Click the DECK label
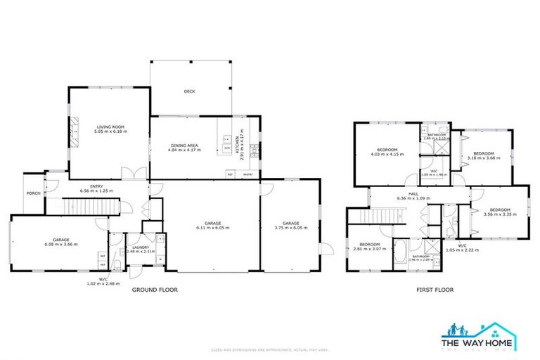[x=188, y=91]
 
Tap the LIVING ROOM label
[x=110, y=127]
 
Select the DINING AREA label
[x=185, y=146]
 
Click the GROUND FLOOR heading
[x=155, y=289]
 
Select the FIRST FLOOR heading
[x=434, y=289]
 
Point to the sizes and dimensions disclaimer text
[x=270, y=349]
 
